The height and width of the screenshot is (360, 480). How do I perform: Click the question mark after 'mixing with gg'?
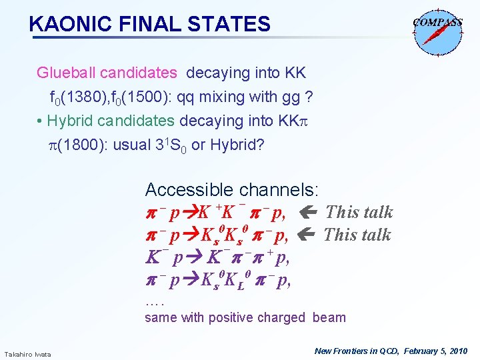[307, 97]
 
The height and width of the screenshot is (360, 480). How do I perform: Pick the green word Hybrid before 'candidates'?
[70, 121]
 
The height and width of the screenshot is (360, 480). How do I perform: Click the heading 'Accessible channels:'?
[232, 189]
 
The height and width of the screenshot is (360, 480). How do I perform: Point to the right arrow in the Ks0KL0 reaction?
[190, 280]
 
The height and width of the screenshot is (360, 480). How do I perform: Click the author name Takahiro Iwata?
[27, 353]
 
